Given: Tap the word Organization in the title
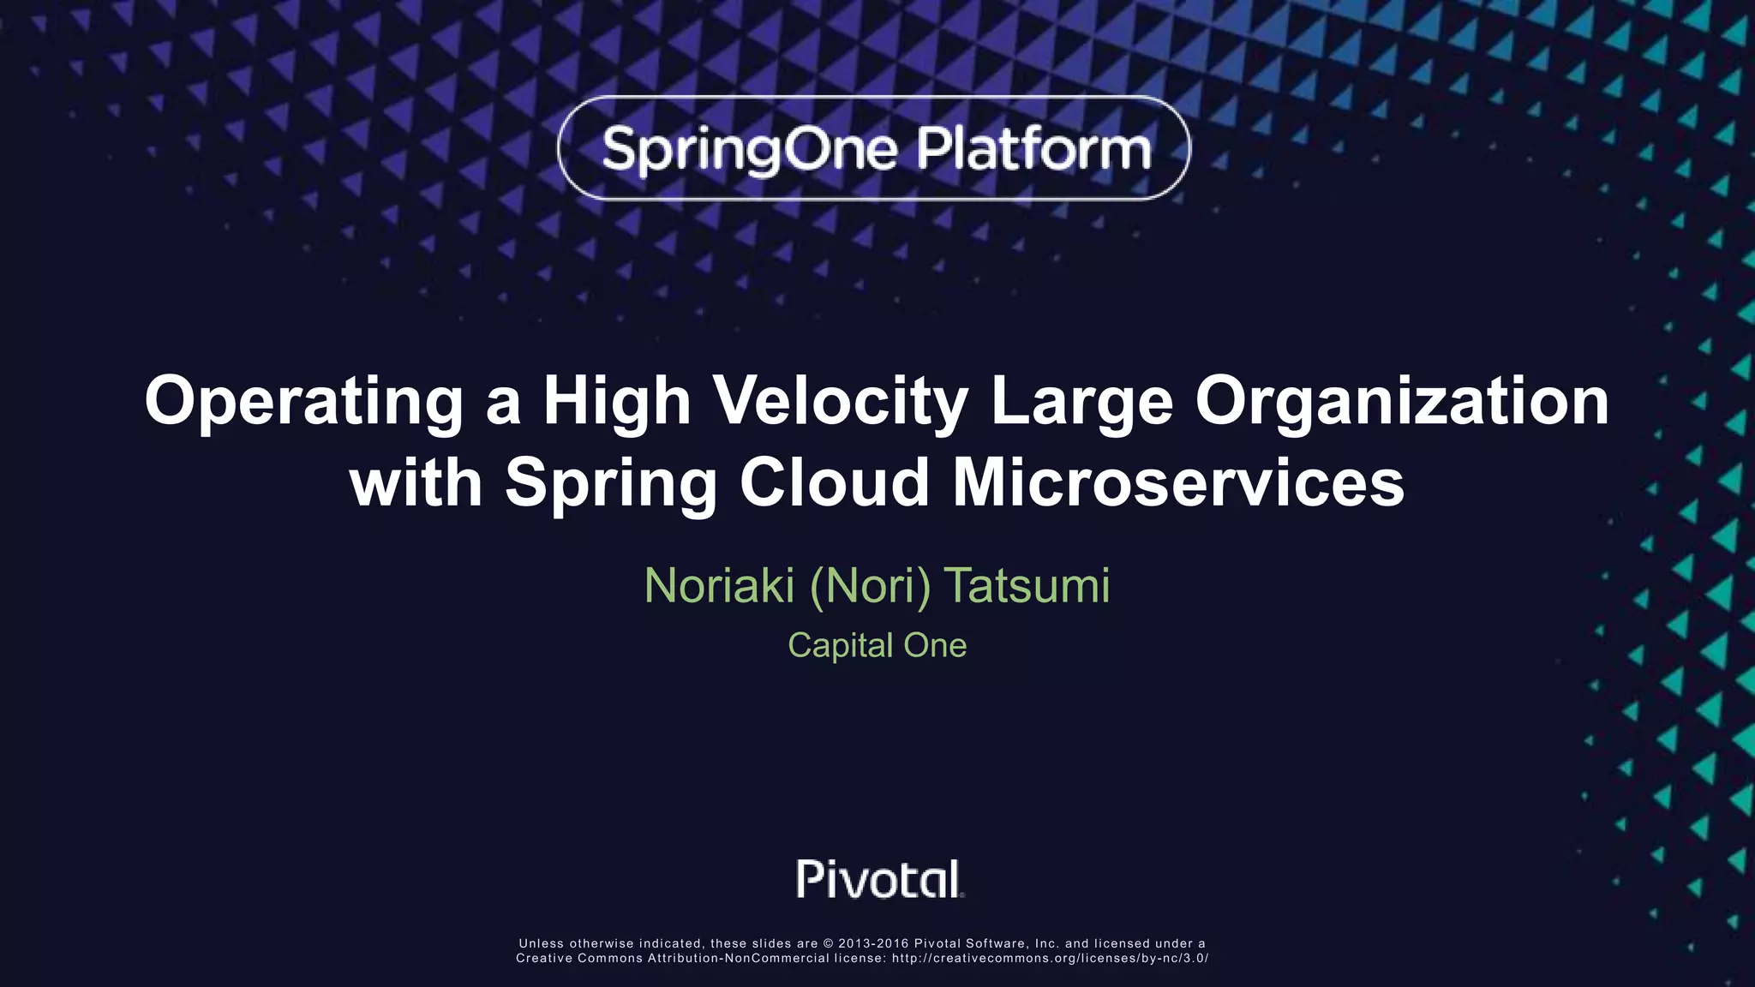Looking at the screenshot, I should [1402, 402].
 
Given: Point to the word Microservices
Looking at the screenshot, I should [1178, 482].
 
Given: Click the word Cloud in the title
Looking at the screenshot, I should [835, 482].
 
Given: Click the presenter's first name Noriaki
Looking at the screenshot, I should [719, 586].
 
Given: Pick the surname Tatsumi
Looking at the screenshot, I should [1027, 586].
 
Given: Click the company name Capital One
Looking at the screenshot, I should [877, 645].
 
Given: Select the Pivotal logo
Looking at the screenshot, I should [880, 879].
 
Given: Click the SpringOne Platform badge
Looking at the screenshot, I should [874, 148].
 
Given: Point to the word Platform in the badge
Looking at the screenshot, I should [1034, 149].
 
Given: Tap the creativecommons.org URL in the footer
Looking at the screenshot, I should [1050, 959].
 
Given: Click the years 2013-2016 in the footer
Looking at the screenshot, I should [873, 944].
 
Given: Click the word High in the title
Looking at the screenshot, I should [617, 402].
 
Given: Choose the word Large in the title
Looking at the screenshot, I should [1081, 402].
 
